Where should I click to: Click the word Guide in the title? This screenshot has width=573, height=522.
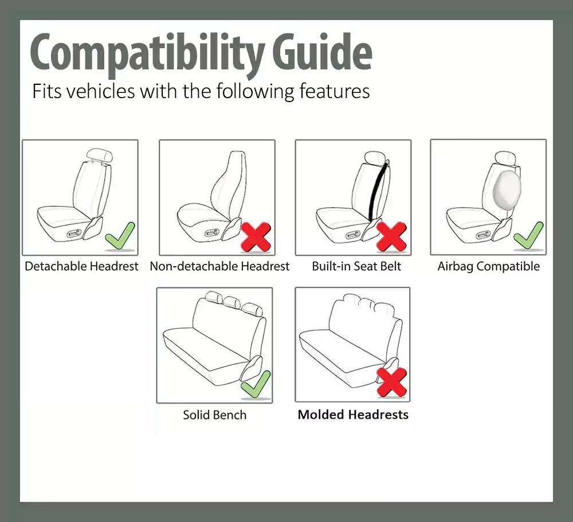click(323, 52)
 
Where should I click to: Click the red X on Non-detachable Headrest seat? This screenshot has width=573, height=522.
click(256, 237)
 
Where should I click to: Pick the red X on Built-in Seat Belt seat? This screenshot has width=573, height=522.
click(391, 237)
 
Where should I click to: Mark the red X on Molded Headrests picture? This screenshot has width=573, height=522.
click(391, 382)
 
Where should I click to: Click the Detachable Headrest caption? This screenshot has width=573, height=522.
click(81, 266)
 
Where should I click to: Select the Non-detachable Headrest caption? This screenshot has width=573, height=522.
click(219, 266)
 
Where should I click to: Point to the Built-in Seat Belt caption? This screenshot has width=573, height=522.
click(356, 266)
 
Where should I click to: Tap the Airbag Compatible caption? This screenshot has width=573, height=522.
click(489, 266)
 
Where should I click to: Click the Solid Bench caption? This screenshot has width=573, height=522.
click(215, 415)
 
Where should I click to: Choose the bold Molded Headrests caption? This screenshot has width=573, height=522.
click(353, 415)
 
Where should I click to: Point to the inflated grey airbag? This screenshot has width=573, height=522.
click(507, 190)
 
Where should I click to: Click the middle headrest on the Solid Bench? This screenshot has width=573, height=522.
click(232, 302)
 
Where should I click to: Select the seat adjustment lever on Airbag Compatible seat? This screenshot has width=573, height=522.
click(484, 235)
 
